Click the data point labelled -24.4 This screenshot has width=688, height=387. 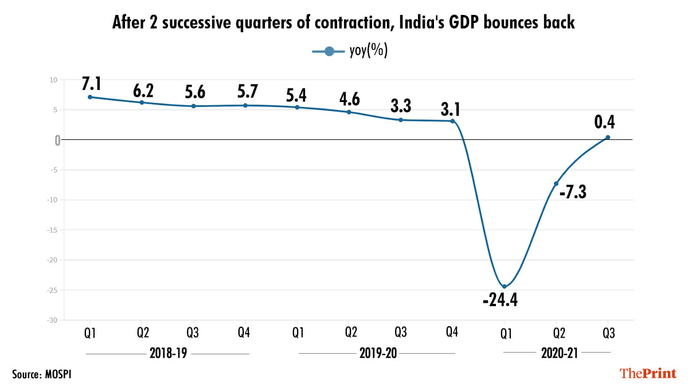[504, 286]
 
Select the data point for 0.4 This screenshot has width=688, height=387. [608, 137]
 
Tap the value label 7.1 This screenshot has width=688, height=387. [92, 84]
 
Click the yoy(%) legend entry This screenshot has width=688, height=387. [350, 51]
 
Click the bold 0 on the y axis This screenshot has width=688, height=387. [57, 140]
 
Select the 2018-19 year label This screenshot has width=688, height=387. [167, 354]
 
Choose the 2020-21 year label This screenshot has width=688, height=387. [556, 354]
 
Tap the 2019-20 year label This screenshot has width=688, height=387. [377, 354]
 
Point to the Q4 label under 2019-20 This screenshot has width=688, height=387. [452, 333]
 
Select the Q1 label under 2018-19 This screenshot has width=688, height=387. [90, 333]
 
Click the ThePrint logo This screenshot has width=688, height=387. [648, 373]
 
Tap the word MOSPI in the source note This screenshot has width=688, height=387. [59, 374]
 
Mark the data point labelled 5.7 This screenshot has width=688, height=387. [245, 105]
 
